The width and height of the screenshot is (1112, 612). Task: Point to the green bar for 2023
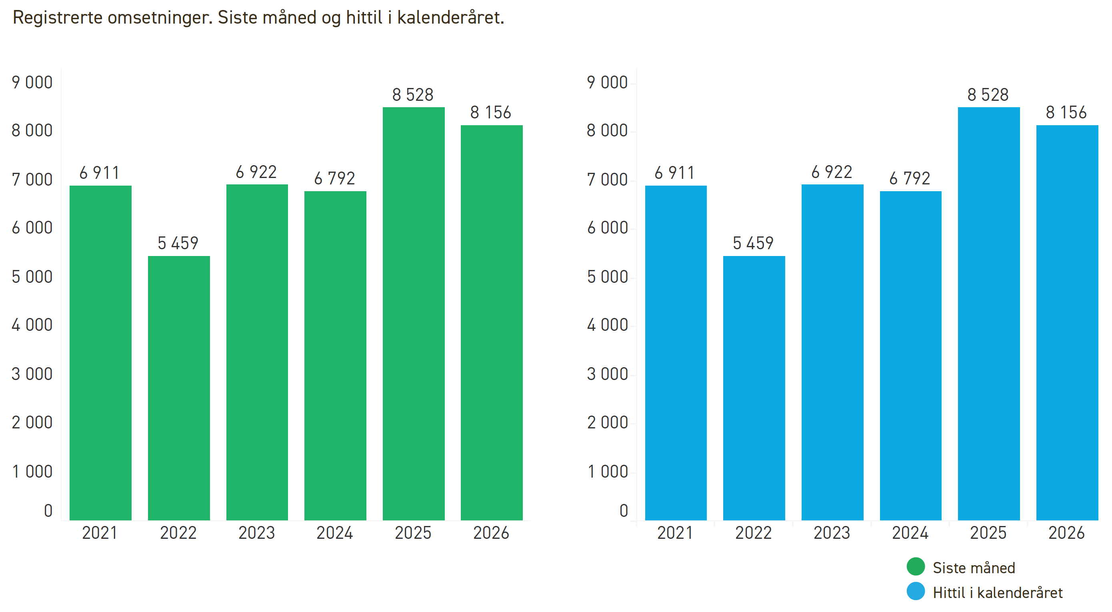click(257, 352)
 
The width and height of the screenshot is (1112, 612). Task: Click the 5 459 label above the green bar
click(178, 243)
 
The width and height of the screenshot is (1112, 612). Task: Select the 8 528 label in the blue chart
click(988, 94)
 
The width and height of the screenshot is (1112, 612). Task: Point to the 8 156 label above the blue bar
click(1066, 112)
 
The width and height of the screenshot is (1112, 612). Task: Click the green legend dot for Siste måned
click(916, 567)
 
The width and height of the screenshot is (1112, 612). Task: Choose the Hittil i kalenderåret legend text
click(997, 592)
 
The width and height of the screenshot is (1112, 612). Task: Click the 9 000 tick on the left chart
click(32, 82)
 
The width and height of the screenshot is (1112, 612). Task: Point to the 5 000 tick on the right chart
click(607, 277)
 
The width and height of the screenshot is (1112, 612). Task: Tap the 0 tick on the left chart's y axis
click(48, 510)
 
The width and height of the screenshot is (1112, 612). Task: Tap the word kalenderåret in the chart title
click(450, 17)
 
